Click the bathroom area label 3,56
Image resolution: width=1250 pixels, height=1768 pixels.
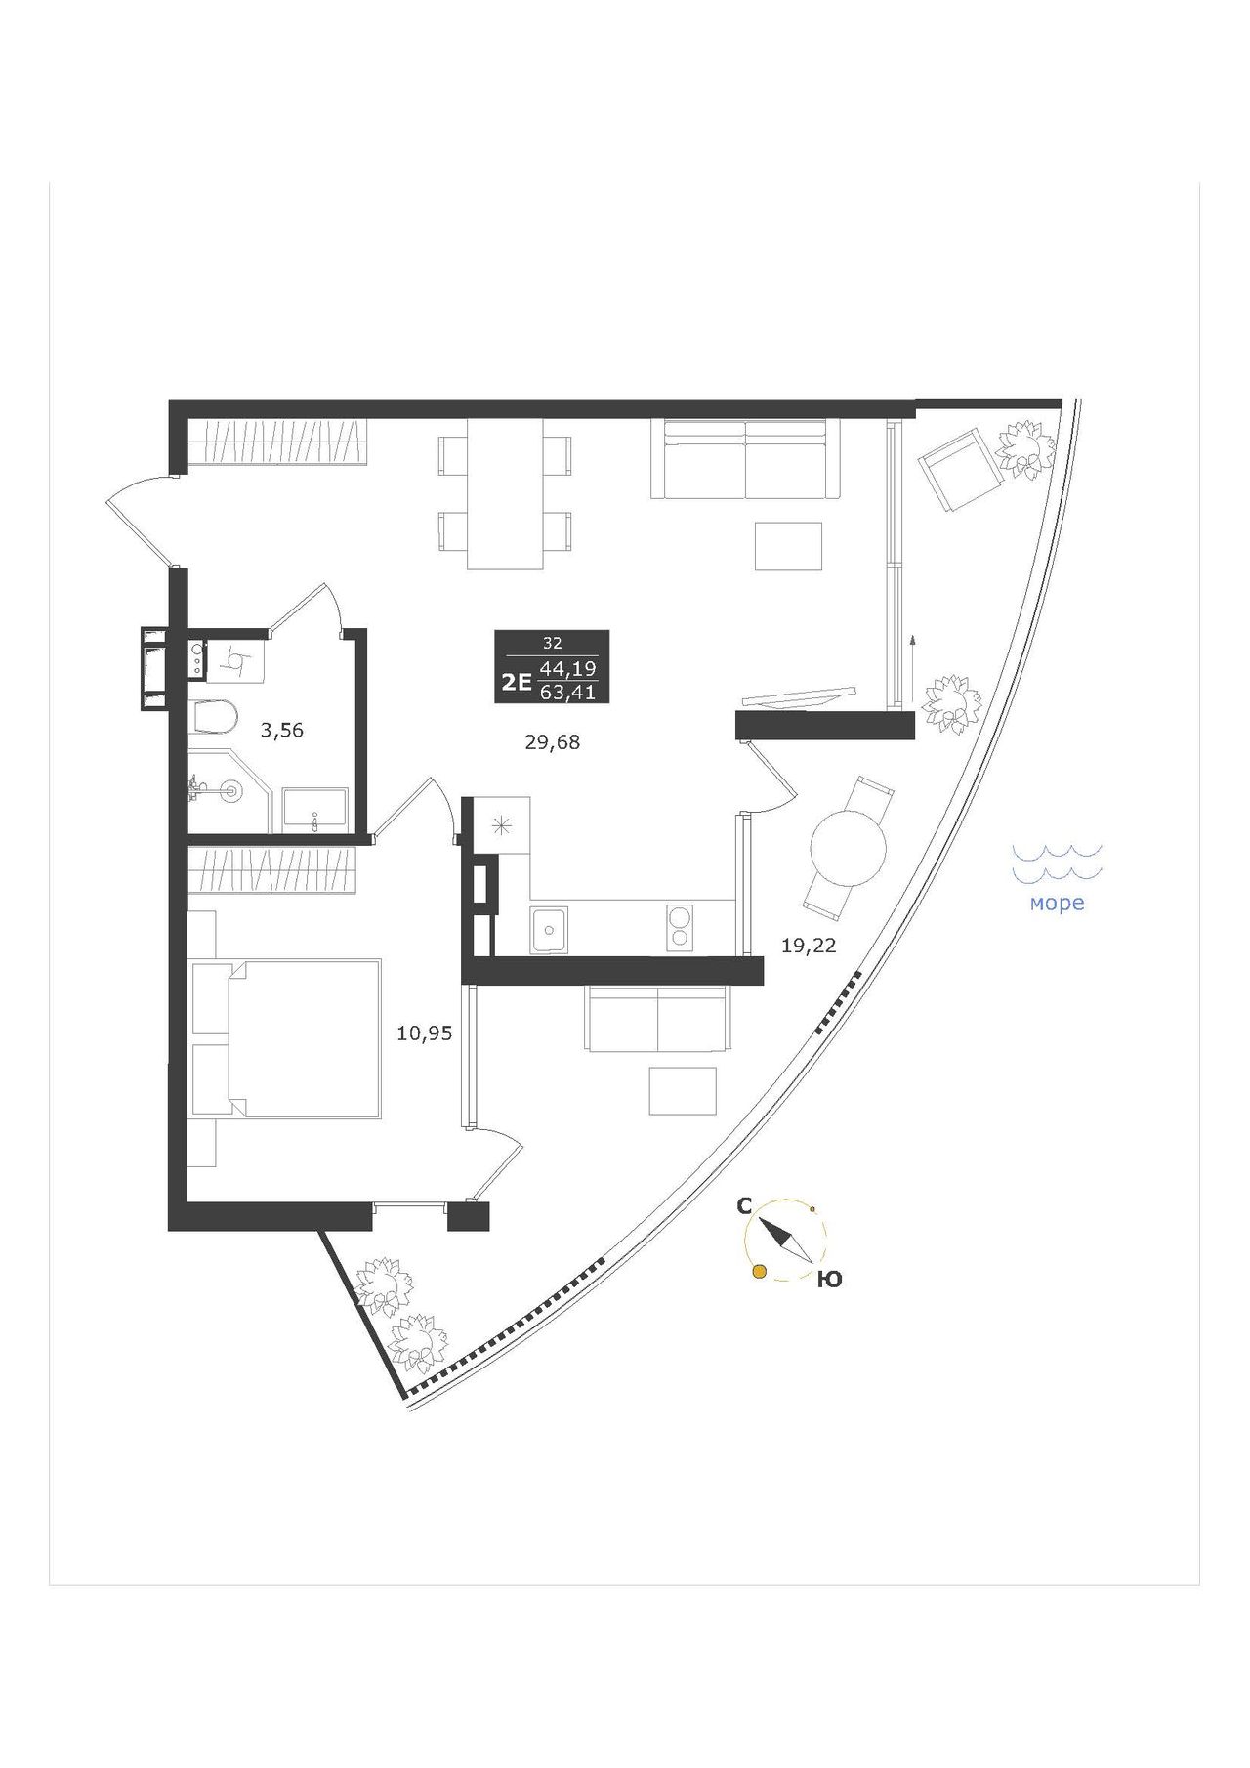click(281, 730)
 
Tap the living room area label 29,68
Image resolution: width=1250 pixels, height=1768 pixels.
click(553, 742)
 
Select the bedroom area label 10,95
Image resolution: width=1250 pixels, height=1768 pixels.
click(425, 1032)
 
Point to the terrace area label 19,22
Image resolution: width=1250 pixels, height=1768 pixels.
click(809, 945)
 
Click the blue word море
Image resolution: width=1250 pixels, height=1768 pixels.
click(1058, 904)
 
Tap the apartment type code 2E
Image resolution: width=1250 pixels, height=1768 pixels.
click(515, 682)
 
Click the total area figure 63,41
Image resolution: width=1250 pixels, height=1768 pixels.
click(568, 693)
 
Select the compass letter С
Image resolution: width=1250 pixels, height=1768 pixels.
click(744, 1206)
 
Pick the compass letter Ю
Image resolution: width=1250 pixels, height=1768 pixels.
click(829, 1280)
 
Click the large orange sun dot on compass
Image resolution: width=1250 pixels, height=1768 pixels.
click(759, 1271)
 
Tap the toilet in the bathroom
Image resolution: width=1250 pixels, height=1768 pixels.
click(214, 718)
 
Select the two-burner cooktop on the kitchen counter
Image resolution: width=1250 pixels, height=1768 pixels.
click(677, 927)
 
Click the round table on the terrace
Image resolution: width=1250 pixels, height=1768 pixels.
click(848, 848)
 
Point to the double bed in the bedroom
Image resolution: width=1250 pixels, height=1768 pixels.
click(284, 1038)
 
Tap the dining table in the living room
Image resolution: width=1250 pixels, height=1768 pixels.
click(505, 494)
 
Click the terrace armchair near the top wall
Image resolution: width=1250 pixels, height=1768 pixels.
click(961, 473)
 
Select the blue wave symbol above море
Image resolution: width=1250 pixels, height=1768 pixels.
click(1057, 861)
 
